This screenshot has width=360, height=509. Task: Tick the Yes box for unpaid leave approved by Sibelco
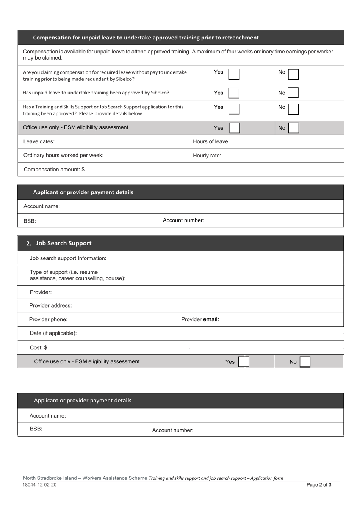pos(234,93)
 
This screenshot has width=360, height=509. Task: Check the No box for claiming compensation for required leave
pos(293,74)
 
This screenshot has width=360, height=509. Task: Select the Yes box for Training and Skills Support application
pos(234,109)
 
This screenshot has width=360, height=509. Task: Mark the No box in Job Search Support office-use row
pos(305,362)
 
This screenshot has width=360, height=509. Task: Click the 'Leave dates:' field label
pos(39,142)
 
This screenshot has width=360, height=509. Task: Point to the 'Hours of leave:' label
pos(211,142)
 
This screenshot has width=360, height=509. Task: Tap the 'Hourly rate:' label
pos(207,156)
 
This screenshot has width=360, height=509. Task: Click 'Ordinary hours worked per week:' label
pos(63,156)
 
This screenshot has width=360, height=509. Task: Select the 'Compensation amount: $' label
pos(54,170)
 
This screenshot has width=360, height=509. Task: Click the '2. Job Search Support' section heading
pos(59,244)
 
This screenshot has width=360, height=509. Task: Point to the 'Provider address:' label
pos(50,306)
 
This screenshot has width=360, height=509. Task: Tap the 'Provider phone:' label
pos(48,320)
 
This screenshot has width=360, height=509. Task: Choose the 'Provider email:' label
pos(200,319)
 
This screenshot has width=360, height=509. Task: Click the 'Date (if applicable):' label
pos(53,333)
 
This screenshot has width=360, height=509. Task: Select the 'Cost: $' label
pos(39,348)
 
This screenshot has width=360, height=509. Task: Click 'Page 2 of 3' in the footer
pos(319,485)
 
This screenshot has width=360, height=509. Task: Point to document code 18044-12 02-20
pos(39,485)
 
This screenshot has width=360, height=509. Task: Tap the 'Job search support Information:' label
pos(68,259)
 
